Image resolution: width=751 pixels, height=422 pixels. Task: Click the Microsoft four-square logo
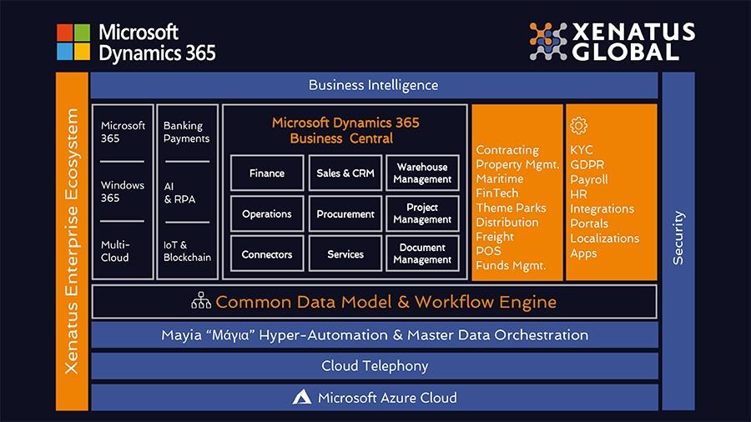(73, 42)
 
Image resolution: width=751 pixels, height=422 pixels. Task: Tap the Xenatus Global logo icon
(548, 41)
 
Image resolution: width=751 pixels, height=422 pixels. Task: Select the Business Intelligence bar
(373, 85)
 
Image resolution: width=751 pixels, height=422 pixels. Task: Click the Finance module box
(267, 173)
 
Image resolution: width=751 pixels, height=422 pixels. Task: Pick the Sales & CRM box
(345, 173)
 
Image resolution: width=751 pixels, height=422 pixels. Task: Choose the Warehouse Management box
(422, 173)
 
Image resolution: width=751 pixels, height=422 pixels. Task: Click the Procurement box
(345, 214)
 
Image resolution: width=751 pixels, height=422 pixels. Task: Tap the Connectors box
(267, 254)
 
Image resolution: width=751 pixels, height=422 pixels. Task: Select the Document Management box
(422, 254)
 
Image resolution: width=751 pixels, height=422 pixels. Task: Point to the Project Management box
(422, 214)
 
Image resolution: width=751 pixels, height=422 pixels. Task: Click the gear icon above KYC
(578, 126)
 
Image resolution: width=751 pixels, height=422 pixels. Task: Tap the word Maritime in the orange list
(500, 179)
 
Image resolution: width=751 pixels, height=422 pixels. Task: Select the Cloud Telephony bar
(375, 366)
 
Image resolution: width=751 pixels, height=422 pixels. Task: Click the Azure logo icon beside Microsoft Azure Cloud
(302, 398)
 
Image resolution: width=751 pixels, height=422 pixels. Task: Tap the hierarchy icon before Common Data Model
(201, 301)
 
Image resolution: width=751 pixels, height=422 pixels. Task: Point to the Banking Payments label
(186, 132)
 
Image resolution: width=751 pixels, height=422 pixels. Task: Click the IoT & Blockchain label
(186, 251)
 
